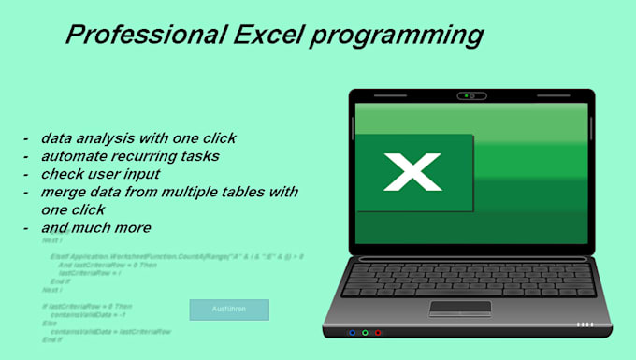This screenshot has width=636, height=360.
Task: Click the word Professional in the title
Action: pyautogui.click(x=140, y=36)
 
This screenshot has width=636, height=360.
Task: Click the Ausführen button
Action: pyautogui.click(x=229, y=310)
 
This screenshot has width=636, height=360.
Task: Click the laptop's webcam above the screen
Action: pyautogui.click(x=472, y=95)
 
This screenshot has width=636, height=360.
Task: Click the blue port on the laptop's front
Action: pyautogui.click(x=352, y=332)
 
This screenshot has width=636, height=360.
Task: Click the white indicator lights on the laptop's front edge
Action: pyautogui.click(x=585, y=324)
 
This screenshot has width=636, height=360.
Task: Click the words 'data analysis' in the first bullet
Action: pyautogui.click(x=84, y=138)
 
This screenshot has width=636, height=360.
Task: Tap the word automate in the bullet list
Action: pyautogui.click(x=70, y=156)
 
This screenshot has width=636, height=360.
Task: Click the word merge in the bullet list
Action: pyautogui.click(x=60, y=192)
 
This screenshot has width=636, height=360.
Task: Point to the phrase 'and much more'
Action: pyautogui.click(x=95, y=227)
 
